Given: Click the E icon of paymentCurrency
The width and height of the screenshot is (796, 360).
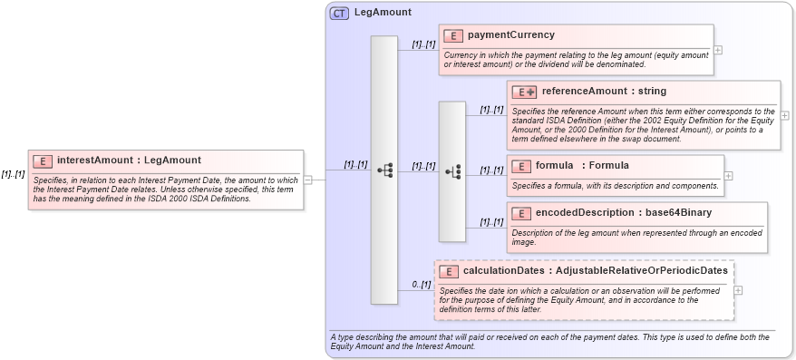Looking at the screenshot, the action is click(x=453, y=35).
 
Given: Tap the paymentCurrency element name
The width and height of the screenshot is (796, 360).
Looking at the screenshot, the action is click(x=511, y=35).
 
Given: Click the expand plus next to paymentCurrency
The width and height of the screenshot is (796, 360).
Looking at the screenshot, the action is click(x=718, y=50).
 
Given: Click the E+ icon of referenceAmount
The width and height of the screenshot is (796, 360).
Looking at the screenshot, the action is click(x=524, y=92).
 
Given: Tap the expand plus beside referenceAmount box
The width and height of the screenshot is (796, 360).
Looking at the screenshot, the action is click(x=784, y=116).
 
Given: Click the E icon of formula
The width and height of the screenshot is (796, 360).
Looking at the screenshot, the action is click(x=521, y=166).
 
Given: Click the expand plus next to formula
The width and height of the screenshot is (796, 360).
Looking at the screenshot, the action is click(x=729, y=175).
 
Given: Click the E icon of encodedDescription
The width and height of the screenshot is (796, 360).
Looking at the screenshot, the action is click(x=521, y=213).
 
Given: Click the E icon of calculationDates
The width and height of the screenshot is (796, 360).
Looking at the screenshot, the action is click(x=449, y=271).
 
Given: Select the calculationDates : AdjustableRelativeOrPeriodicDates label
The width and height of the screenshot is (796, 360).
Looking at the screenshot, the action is click(x=595, y=271).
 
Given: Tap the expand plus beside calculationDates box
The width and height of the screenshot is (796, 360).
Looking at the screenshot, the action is click(x=739, y=290).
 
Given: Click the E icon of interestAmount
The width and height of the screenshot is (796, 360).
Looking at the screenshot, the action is click(x=43, y=161).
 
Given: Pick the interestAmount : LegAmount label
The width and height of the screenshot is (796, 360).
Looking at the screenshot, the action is click(x=129, y=161).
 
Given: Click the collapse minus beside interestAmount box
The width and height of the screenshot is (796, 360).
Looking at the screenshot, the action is click(x=308, y=180).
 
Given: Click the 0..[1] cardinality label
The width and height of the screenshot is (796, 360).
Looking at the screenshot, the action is click(x=421, y=284).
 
